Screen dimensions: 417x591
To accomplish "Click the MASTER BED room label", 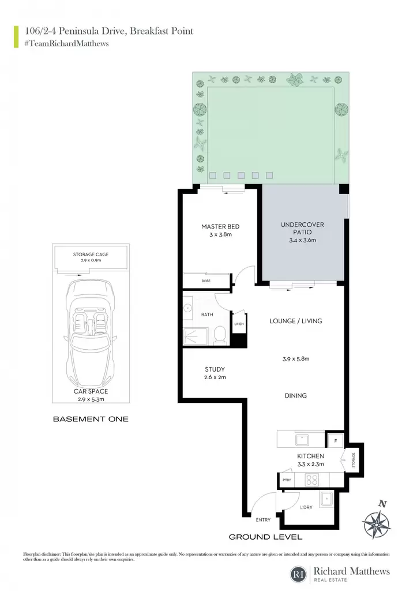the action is [220, 226].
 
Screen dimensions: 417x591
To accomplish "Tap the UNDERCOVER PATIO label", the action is [302, 228].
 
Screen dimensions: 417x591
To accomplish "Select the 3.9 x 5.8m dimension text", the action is [296, 359].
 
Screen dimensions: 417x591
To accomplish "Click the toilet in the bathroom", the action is [219, 335].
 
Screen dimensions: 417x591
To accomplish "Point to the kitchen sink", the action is [302, 440].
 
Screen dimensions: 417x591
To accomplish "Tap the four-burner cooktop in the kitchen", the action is [312, 480].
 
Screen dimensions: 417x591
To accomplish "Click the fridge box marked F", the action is [336, 440].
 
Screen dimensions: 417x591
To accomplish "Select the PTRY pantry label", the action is [287, 480].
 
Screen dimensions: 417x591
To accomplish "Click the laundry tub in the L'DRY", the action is [326, 499].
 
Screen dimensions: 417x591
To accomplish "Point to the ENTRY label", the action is [263, 520].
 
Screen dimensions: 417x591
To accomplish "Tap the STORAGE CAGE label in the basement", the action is [91, 255].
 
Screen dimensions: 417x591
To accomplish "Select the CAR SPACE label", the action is [91, 391].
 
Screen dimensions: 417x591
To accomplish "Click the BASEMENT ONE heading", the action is [91, 419].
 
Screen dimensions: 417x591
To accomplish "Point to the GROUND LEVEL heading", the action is [265, 537].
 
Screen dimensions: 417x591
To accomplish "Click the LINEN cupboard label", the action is [239, 324].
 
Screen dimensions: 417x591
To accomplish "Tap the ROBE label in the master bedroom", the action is [206, 281].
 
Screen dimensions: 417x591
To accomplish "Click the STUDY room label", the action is [215, 369].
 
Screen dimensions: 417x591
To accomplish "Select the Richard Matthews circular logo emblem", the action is [299, 574].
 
